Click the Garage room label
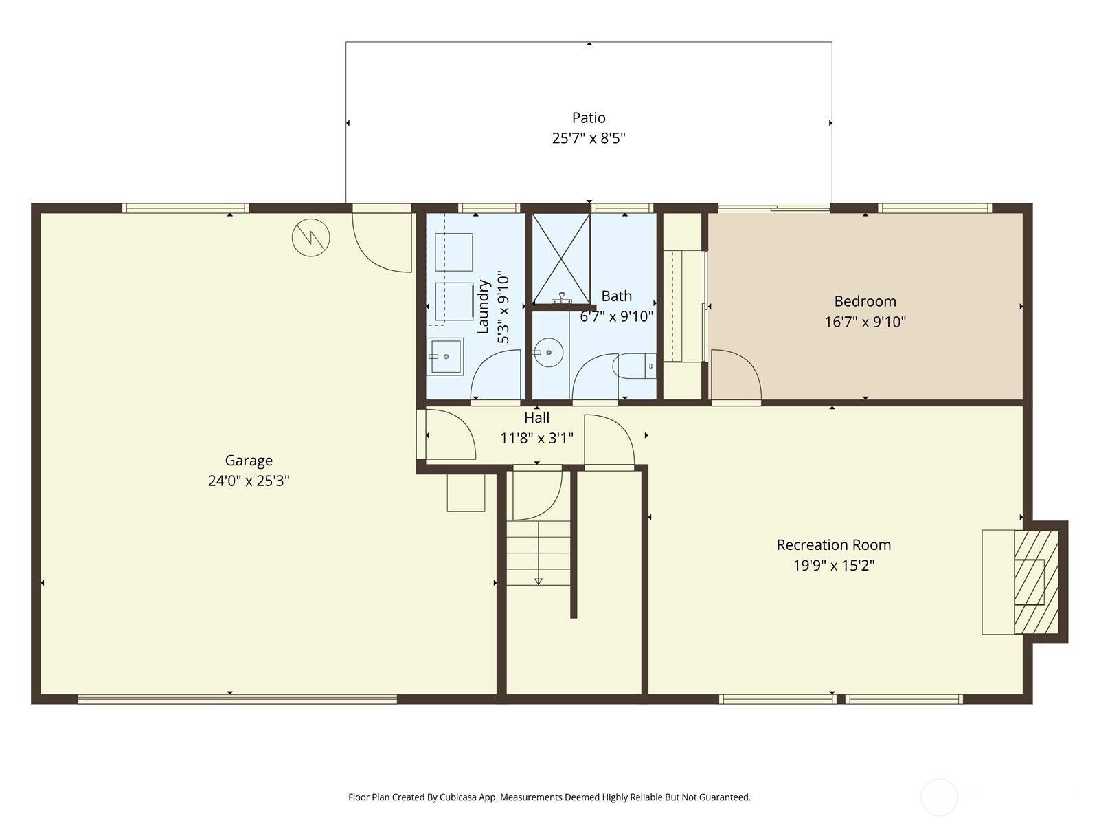click(x=249, y=461)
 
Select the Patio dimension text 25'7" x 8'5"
click(x=589, y=138)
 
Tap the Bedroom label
click(x=865, y=301)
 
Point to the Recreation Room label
click(x=833, y=545)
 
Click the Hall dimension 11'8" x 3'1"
click(x=536, y=438)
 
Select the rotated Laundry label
click(x=484, y=307)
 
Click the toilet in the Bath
click(x=635, y=366)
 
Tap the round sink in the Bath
click(x=548, y=353)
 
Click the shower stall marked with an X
click(x=561, y=258)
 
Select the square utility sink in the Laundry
click(x=445, y=356)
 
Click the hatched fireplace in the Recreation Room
click(x=1036, y=582)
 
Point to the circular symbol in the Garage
click(x=311, y=238)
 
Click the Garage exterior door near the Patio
click(x=382, y=241)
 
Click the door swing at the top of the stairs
click(x=536, y=494)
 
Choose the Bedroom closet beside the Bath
click(x=683, y=306)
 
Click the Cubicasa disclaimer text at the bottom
click(x=549, y=797)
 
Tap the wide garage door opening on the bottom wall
click(x=237, y=699)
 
